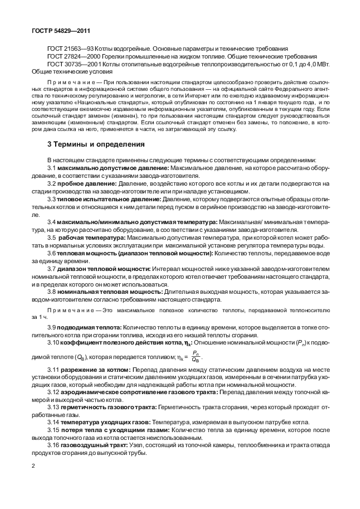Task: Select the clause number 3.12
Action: pos(54,393)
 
